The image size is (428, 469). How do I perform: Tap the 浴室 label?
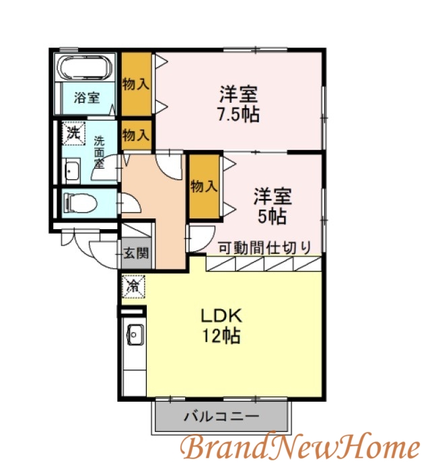(87, 98)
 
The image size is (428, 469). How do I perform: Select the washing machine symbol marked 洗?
(72, 132)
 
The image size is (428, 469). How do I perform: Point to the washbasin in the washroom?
(72, 172)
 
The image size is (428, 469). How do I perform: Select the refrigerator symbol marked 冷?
(131, 287)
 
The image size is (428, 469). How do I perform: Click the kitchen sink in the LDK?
(134, 333)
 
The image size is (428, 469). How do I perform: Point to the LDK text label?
(219, 315)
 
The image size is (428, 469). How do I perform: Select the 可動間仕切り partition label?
(265, 247)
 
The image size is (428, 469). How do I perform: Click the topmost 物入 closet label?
(136, 84)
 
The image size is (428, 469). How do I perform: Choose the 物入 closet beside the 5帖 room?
(204, 187)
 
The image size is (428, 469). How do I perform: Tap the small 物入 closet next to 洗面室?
(136, 134)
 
